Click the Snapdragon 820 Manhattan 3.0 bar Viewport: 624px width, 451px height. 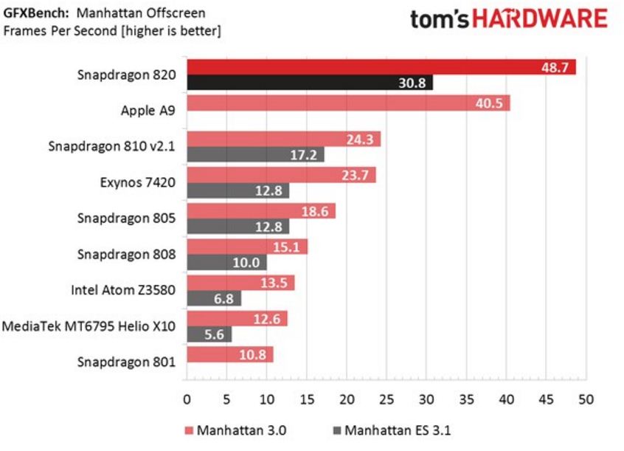[x=381, y=67]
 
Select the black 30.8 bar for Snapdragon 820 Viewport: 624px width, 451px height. [x=309, y=83]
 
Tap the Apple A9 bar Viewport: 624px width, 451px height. [x=347, y=103]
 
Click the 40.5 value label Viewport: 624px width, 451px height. [x=488, y=103]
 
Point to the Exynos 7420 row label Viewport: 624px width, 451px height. [x=138, y=182]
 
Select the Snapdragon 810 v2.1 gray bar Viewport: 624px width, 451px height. [x=254, y=155]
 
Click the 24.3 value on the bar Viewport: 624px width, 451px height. [x=362, y=139]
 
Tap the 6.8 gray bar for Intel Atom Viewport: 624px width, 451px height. [x=213, y=298]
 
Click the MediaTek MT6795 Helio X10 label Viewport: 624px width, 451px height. [x=89, y=326]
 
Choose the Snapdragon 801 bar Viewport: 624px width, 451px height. [x=229, y=354]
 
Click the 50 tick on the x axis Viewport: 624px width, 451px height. [x=586, y=399]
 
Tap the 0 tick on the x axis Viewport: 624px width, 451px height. [x=187, y=399]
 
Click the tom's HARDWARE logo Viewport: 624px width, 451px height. [x=508, y=19]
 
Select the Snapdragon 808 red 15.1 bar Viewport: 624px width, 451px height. [x=246, y=247]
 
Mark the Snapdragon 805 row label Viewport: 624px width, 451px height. [x=127, y=218]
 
